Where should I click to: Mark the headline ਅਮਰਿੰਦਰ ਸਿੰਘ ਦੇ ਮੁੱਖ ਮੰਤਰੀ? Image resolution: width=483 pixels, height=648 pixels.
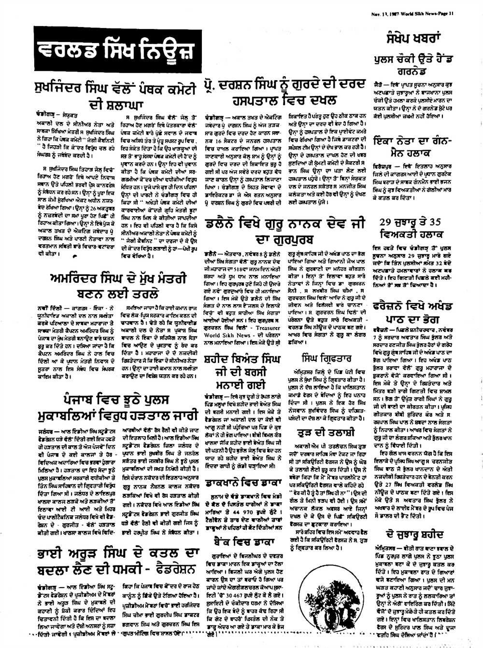pyautogui.click(x=117, y=286)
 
